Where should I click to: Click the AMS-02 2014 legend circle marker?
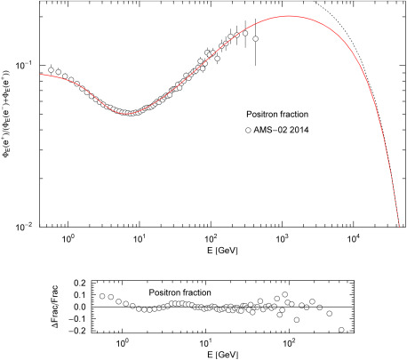[250, 130]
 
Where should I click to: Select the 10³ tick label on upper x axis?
[282, 238]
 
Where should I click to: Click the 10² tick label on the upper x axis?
[211, 238]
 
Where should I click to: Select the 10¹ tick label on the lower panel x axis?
[205, 343]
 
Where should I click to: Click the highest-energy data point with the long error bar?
[256, 39]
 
